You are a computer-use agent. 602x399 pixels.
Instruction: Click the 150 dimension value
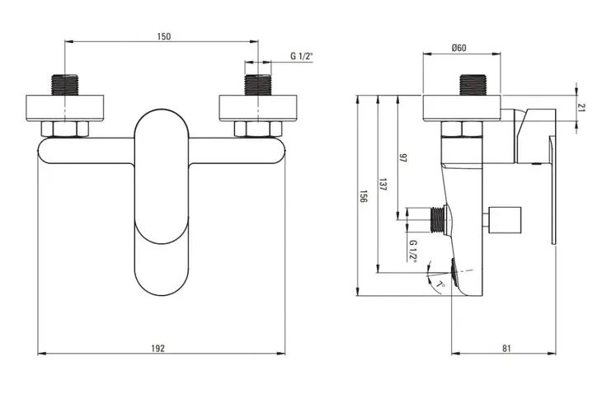click(x=163, y=36)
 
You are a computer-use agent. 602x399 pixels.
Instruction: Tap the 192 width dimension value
click(x=158, y=349)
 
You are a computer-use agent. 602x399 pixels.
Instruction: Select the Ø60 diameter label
click(x=459, y=48)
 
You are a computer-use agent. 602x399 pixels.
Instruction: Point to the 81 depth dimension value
click(x=506, y=349)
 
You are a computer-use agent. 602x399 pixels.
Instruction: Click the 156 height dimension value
click(x=363, y=196)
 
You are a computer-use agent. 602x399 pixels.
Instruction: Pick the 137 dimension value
click(x=383, y=185)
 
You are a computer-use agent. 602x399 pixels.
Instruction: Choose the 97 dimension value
click(x=402, y=158)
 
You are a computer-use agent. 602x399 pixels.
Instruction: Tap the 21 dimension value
click(x=581, y=108)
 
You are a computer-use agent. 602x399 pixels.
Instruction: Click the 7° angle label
click(x=441, y=285)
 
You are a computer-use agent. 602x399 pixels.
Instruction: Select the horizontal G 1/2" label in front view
click(x=301, y=56)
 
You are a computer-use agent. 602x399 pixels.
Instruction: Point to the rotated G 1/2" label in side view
click(x=413, y=251)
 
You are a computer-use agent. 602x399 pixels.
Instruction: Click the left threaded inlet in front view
click(x=64, y=84)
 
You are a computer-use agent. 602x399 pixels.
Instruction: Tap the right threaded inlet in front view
click(x=257, y=84)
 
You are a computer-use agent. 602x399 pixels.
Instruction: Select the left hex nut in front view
click(x=64, y=129)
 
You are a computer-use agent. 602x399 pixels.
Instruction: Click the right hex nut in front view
click(x=257, y=129)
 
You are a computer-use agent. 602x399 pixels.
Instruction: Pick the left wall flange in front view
click(x=65, y=108)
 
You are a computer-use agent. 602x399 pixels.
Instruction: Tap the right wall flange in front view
click(x=257, y=108)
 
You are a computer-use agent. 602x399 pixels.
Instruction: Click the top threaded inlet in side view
click(x=473, y=84)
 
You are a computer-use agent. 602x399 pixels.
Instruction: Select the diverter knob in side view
click(x=504, y=220)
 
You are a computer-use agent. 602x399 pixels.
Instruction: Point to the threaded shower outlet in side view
click(x=438, y=220)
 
